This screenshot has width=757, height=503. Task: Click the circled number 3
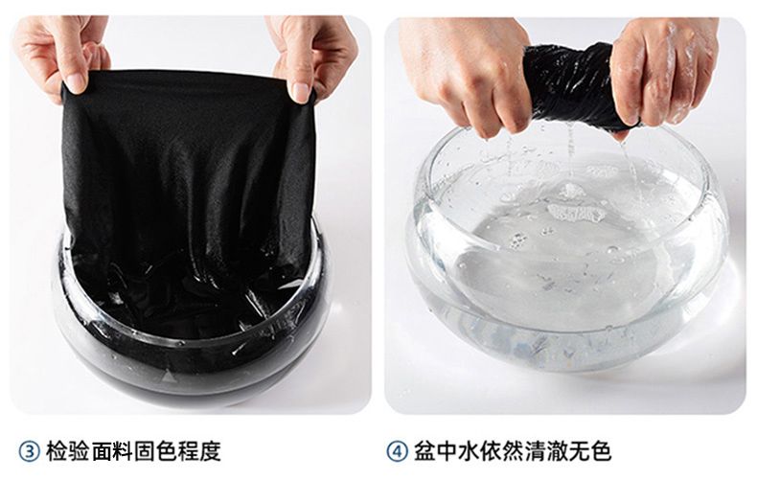29,452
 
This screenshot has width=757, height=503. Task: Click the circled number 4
398,452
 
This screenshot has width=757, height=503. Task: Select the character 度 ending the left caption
211,451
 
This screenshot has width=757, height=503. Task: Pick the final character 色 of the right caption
601,451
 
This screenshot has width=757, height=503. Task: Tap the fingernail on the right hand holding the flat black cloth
300,92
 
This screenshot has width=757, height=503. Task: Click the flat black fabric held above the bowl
188,173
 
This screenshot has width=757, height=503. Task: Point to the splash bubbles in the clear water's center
575,203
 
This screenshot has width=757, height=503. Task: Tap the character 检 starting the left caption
57,451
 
